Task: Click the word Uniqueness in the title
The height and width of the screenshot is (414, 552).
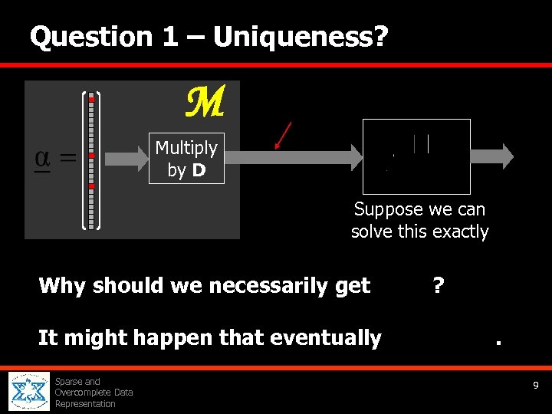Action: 291,36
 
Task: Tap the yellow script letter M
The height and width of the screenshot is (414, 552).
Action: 205,103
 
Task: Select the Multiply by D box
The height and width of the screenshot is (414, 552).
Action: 186,159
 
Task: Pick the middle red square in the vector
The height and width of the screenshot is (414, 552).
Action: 91,156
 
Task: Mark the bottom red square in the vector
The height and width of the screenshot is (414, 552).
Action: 91,186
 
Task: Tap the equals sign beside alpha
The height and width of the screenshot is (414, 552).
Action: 67,159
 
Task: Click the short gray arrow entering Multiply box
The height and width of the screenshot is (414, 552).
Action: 126,159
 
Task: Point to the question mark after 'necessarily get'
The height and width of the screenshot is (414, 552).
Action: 438,286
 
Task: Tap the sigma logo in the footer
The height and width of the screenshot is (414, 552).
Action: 29,392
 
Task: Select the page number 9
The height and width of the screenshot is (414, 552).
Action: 537,386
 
